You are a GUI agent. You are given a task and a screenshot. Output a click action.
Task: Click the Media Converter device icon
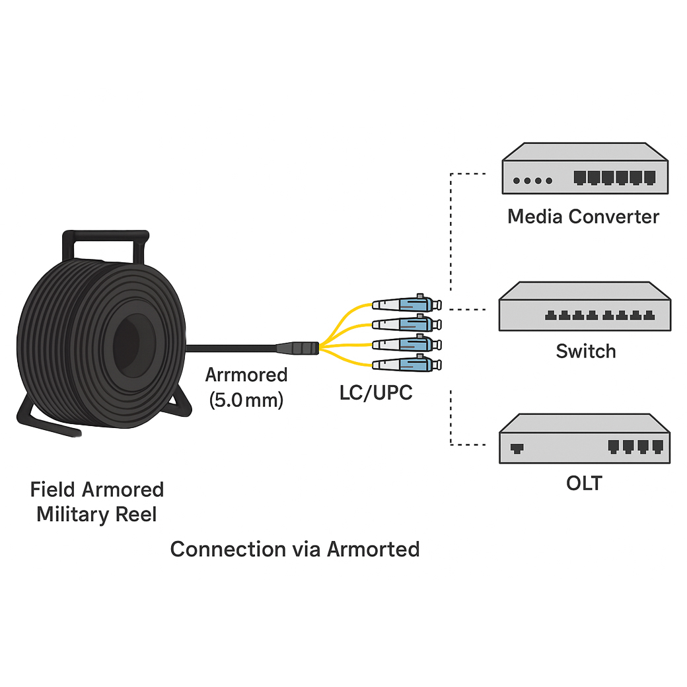[x=583, y=169]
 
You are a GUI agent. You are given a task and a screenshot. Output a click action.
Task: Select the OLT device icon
[x=583, y=439]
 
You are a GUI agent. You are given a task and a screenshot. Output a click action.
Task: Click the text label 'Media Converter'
[x=583, y=217]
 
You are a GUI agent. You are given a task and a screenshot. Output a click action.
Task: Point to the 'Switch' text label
[x=585, y=351]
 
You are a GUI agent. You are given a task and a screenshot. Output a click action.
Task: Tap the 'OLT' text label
[x=584, y=483]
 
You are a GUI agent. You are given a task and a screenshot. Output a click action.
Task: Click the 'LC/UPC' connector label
[x=375, y=392]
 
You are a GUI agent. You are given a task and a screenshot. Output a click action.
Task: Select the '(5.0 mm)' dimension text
[x=246, y=400]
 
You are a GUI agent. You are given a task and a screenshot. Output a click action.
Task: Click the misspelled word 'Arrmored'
[x=246, y=375]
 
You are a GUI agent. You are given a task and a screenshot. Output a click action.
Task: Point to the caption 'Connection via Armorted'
[x=295, y=549]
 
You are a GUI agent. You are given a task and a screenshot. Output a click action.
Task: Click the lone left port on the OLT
[x=517, y=448]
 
